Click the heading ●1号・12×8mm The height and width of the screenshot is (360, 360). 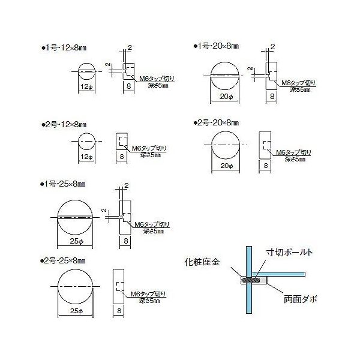click(x=62, y=47)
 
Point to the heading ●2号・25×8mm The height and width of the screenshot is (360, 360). click(x=62, y=261)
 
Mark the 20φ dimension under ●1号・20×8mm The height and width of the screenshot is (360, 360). click(x=226, y=96)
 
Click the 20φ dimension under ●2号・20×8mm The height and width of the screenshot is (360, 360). click(x=226, y=165)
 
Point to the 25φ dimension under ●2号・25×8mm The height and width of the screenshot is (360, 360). click(x=76, y=311)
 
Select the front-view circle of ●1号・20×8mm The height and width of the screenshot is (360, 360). click(x=226, y=74)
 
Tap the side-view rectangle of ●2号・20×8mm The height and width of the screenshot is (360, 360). click(x=265, y=145)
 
